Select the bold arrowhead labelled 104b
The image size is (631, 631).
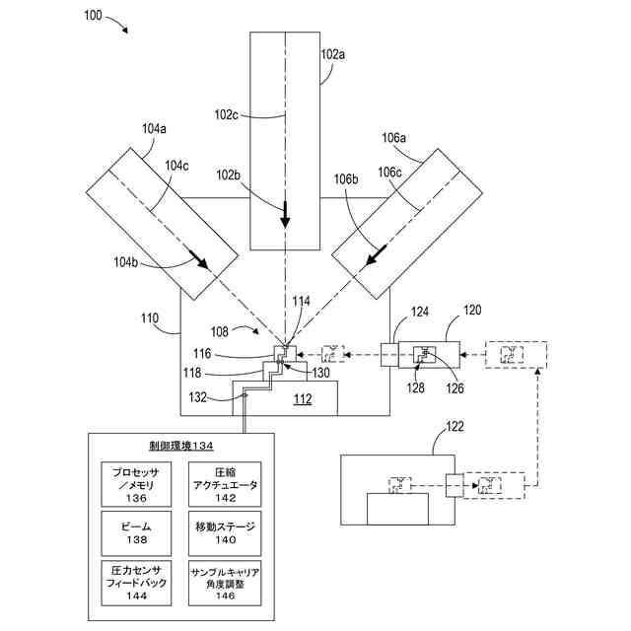199,264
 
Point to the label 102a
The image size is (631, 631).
334,55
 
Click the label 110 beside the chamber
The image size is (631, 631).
148,318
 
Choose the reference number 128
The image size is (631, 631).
417,388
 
